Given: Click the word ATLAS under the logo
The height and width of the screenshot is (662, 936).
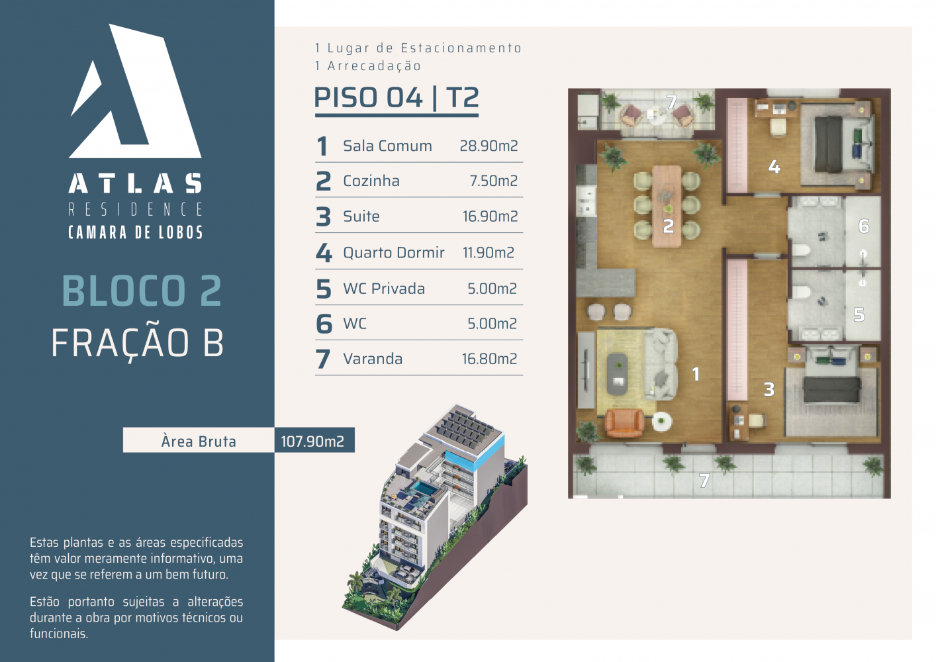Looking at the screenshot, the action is (136, 183).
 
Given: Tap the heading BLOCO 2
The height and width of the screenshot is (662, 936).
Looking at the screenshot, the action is (142, 291).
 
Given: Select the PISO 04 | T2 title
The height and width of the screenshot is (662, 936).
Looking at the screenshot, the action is (396, 98).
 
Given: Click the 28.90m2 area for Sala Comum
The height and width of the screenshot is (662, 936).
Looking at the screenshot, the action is (489, 146).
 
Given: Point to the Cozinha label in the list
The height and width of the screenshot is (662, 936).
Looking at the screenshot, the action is (371, 181).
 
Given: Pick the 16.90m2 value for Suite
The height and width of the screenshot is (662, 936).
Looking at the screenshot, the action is (490, 216).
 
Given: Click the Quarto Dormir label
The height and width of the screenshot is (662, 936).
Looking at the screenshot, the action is (394, 252).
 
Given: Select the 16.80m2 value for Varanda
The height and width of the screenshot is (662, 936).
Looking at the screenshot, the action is (489, 359).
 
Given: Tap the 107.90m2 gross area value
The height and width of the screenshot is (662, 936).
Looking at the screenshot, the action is (312, 442).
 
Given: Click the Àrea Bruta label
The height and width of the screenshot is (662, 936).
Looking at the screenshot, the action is (199, 442).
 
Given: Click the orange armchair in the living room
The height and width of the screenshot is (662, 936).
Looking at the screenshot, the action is (625, 423).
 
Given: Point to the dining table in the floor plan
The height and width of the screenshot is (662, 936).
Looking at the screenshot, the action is (667, 206).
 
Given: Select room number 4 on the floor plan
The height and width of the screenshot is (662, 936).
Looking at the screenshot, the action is (774, 167).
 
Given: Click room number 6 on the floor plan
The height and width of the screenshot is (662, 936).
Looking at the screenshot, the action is (864, 226).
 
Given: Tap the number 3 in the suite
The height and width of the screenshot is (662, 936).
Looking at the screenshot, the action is (769, 389).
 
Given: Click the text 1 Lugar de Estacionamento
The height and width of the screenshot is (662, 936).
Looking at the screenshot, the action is (418, 48).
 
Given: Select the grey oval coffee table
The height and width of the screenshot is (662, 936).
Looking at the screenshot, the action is (617, 375).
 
